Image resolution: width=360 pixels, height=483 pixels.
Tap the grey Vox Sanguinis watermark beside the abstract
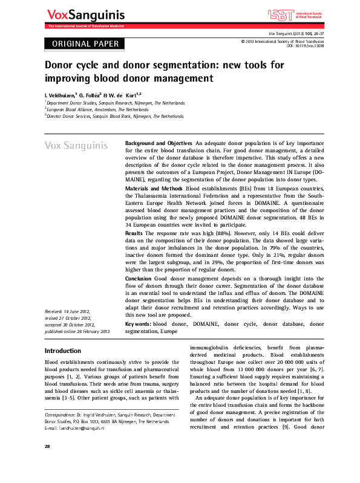point(76,146)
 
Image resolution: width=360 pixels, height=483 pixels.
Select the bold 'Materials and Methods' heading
point(154,189)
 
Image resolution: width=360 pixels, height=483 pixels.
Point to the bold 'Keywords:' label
point(138,325)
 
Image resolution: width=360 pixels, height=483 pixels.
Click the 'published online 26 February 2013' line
point(77,332)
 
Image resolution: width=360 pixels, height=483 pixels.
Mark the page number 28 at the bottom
point(48,462)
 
